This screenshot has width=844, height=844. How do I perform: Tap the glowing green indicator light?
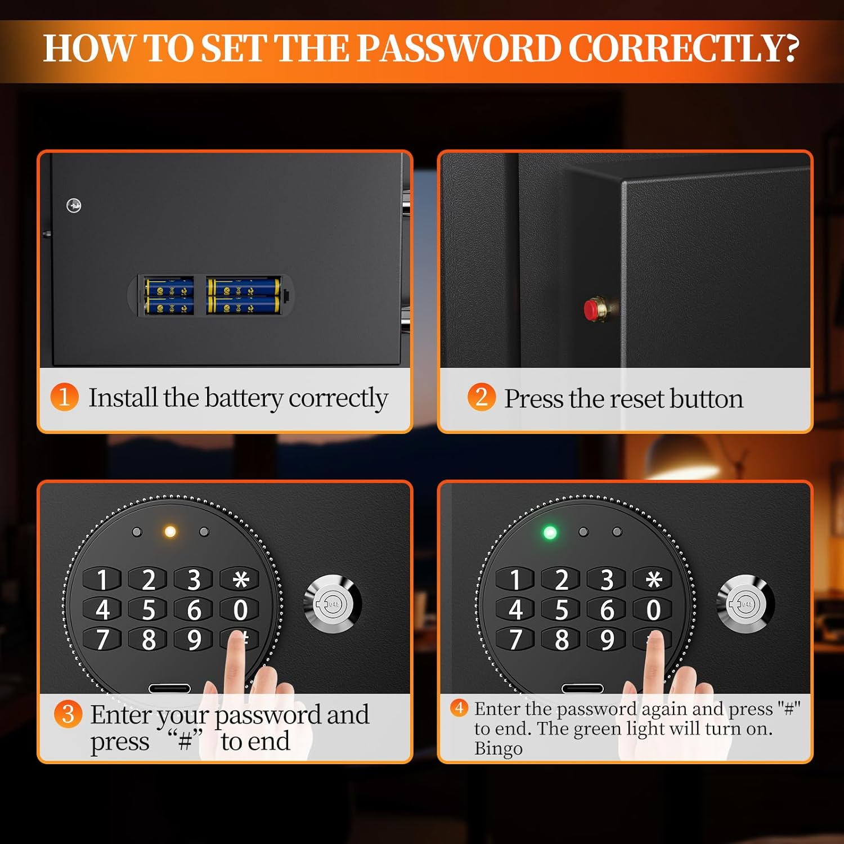point(550,532)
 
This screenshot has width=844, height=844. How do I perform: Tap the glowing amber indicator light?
point(170,532)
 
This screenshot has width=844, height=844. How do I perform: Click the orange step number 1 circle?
point(64,397)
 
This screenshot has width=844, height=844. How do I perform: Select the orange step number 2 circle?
point(481,397)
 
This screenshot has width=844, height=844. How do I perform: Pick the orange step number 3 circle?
point(68,714)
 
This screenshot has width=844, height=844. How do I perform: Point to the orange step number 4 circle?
point(459,708)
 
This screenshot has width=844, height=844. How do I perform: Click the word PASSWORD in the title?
point(459,48)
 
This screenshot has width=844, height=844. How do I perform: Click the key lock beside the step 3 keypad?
point(333,604)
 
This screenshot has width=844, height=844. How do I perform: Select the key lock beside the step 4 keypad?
point(745,604)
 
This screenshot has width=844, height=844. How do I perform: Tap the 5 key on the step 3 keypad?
point(148,610)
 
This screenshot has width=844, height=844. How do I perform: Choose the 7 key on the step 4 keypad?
point(515,640)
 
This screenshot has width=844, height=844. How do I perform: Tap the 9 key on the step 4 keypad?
point(607,640)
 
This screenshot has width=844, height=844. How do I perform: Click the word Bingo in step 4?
point(498,749)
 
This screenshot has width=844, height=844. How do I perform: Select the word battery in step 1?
point(244,398)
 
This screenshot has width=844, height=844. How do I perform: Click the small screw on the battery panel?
point(74,205)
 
